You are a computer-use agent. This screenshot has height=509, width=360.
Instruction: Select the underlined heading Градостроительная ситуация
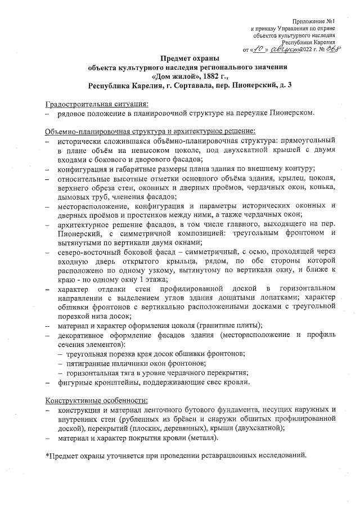pos(97,105)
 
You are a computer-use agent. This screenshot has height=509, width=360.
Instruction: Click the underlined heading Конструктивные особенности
pos(96,401)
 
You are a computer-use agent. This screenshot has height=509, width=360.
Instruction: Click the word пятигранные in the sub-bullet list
pos(87,363)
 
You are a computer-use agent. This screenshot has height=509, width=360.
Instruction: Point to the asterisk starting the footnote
pos(47,456)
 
